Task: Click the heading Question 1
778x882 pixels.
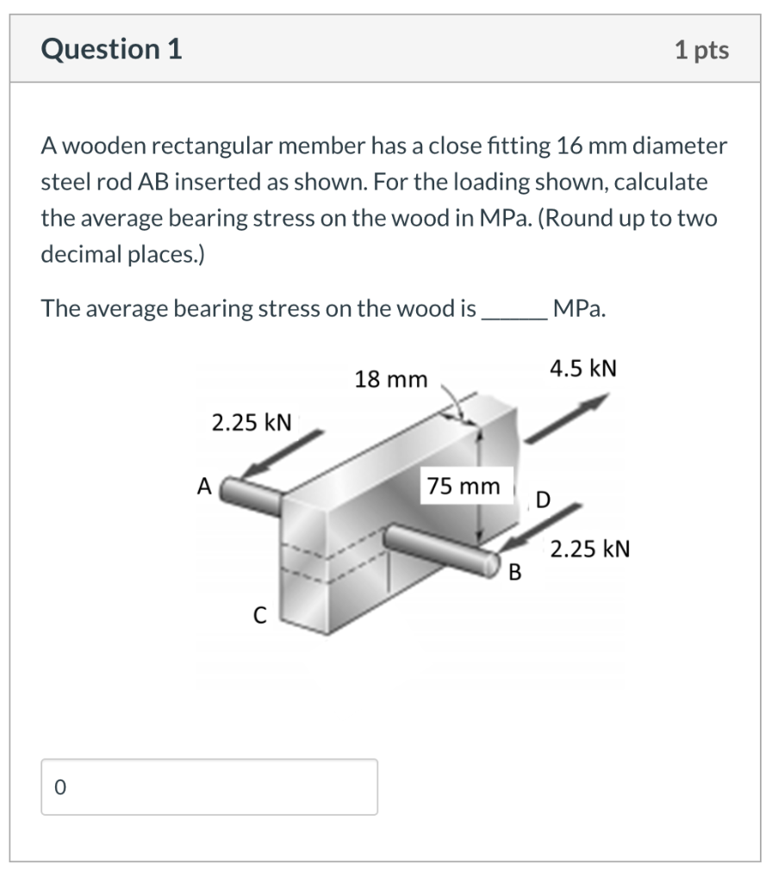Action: click(x=112, y=50)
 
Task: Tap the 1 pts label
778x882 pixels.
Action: click(x=702, y=50)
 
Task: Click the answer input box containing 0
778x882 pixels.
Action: click(x=209, y=786)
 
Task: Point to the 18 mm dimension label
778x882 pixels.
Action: click(x=390, y=379)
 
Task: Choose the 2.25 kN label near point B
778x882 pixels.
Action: click(x=590, y=549)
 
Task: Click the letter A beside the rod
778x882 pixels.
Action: click(x=203, y=487)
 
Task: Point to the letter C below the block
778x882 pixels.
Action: click(x=258, y=614)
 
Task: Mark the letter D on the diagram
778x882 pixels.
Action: click(x=542, y=499)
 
